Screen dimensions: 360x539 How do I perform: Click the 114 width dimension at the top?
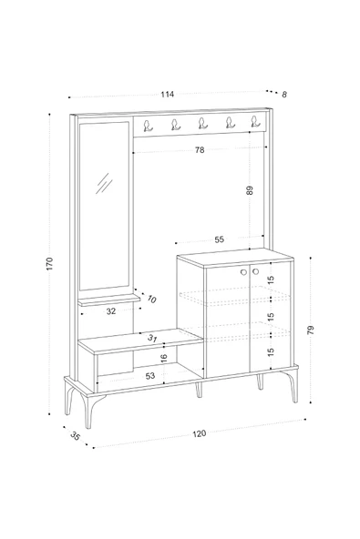[x=168, y=94]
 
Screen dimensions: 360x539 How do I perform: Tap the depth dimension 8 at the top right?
[x=284, y=95]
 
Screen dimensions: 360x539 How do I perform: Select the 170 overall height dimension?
[x=50, y=264]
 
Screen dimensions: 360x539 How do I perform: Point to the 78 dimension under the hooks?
[x=200, y=150]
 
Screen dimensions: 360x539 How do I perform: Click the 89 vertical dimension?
[x=250, y=190]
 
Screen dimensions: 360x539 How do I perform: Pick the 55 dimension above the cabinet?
[x=220, y=239]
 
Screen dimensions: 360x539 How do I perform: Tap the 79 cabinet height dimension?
[x=311, y=330]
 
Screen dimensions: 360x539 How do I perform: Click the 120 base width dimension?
[x=200, y=433]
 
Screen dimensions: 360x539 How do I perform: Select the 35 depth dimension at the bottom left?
[x=75, y=436]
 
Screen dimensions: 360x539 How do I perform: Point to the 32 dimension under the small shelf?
[x=111, y=311]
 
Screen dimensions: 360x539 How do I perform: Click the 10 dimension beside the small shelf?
[x=151, y=300]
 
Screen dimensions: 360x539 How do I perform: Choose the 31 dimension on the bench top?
[x=152, y=339]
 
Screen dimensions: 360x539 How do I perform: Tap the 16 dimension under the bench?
[x=164, y=358]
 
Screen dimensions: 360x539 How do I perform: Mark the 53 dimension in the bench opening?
[x=150, y=376]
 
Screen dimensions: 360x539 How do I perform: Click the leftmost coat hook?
[x=148, y=126]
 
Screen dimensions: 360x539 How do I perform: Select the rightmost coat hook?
[x=255, y=121]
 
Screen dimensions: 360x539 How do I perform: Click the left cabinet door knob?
[x=243, y=272]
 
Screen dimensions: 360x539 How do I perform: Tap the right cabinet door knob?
[x=255, y=271]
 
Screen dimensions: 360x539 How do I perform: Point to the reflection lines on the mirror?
[x=104, y=184]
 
